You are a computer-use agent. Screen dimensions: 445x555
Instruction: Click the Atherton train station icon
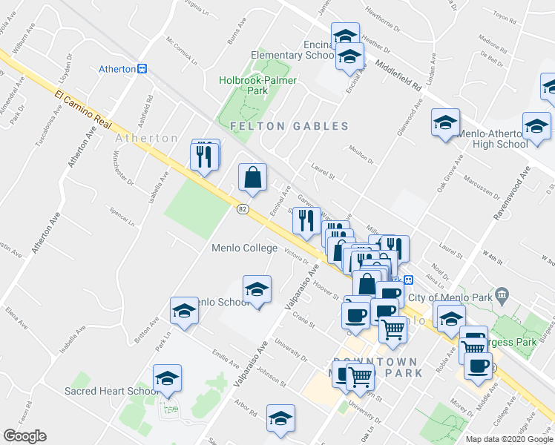[x=142, y=69]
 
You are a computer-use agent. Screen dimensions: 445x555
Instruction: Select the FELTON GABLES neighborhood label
[x=289, y=126]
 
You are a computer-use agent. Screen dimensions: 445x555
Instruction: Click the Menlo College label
[x=244, y=248]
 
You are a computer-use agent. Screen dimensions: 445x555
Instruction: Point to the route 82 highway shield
[x=243, y=210]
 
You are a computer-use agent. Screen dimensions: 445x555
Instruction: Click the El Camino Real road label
[x=82, y=108]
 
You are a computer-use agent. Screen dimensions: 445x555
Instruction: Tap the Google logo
[x=24, y=436]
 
